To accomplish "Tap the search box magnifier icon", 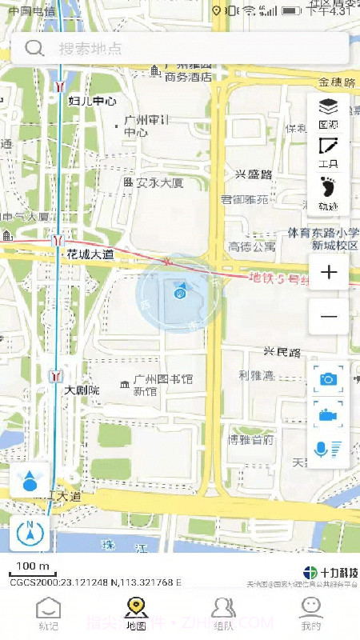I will pos(34,48).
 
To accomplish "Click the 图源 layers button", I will pos(328,113).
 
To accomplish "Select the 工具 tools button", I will pos(328,152).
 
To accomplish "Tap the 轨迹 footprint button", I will pos(328,194).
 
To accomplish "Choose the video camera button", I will pos(328,414).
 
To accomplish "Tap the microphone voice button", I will pos(328,449).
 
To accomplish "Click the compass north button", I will pos(30,533).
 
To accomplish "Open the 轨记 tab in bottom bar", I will pos(49,613).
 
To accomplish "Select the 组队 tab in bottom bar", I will pos(223,613).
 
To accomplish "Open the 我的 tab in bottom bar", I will pos(311,613).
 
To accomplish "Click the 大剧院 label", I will pos(82,390).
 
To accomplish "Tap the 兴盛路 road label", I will pos(254,174).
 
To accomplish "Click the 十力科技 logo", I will pos(331,573).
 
